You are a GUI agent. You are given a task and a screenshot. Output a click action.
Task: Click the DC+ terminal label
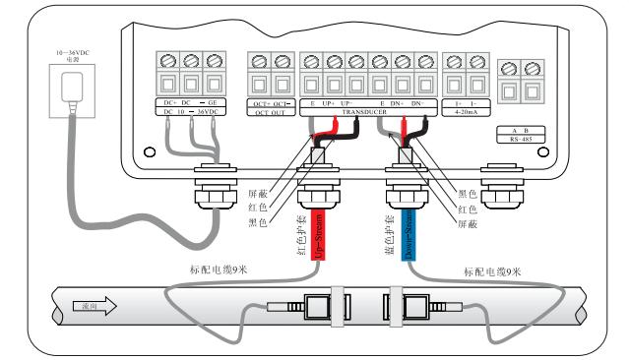[x=170, y=102]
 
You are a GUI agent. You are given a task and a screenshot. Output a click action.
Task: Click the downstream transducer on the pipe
[x=420, y=308]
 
